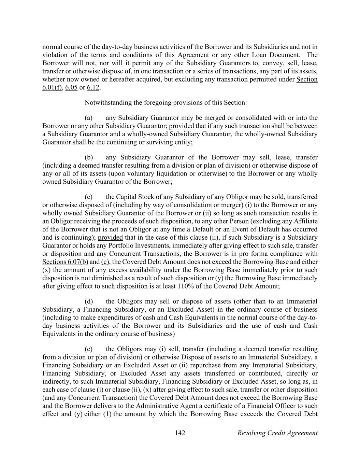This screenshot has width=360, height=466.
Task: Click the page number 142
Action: pos(180,433)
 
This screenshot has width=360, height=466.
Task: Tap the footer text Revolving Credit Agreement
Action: pos(277,433)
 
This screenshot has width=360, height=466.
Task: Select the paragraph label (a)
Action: pos(89,118)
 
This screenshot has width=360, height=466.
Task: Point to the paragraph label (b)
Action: pos(89,157)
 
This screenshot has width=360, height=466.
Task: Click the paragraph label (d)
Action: pos(89,301)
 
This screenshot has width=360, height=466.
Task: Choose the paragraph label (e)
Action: pos(89,349)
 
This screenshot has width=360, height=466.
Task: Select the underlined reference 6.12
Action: pos(93,87)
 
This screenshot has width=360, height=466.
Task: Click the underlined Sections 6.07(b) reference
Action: pos(65,262)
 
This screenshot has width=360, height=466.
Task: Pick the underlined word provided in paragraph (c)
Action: pos(110,237)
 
